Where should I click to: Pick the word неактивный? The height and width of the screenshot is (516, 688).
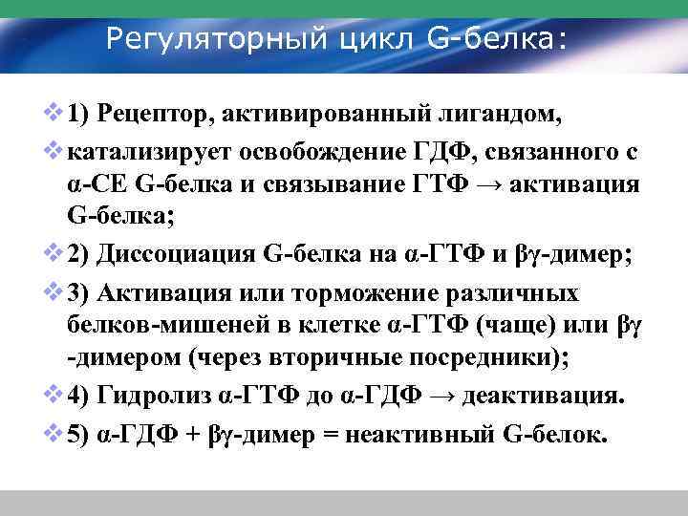click(437, 434)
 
